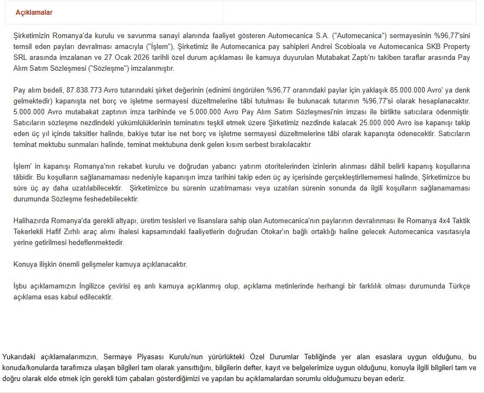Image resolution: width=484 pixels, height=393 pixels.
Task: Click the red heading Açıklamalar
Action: [34, 13]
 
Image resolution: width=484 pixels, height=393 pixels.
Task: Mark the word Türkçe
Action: [460, 286]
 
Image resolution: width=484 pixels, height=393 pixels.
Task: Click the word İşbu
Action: [21, 286]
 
